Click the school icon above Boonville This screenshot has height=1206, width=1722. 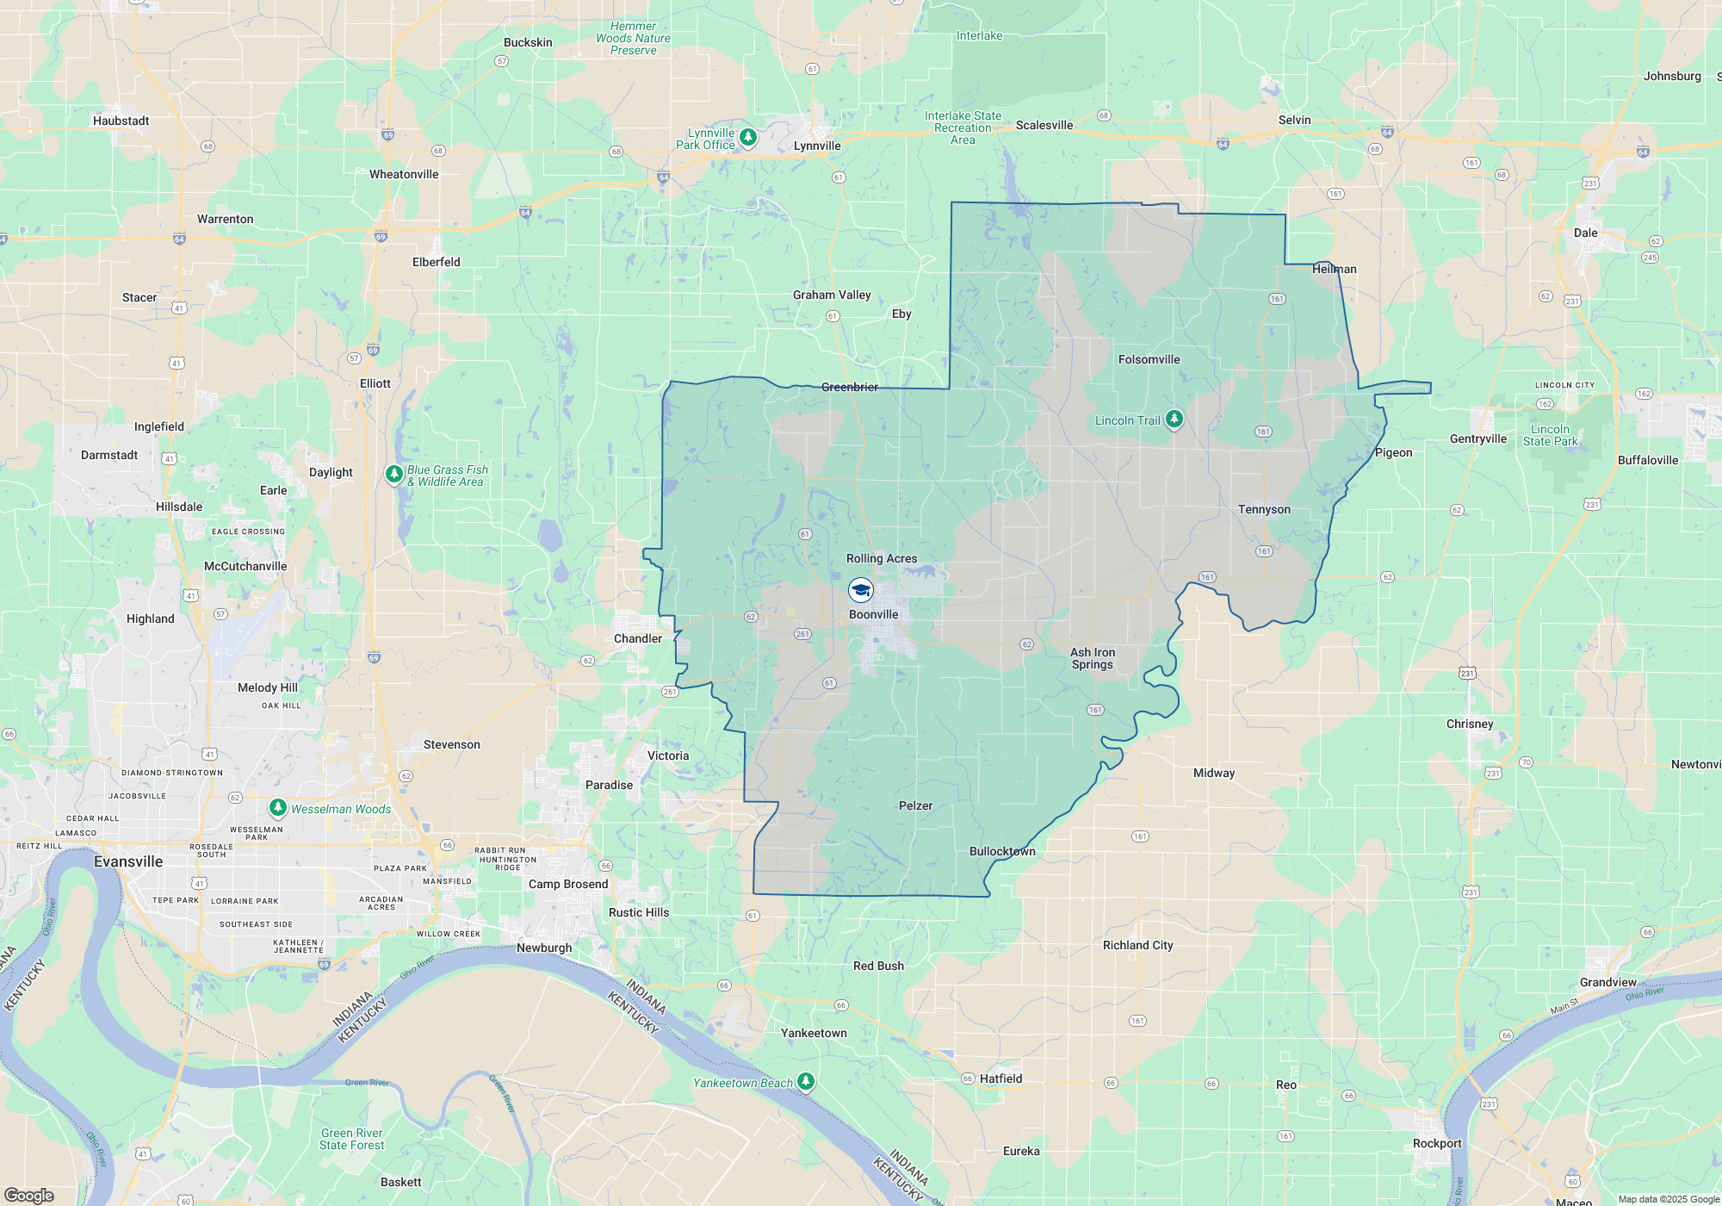click(x=861, y=590)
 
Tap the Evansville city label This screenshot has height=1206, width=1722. click(x=128, y=861)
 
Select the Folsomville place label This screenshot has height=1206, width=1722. click(x=1149, y=359)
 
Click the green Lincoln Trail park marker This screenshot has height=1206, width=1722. click(x=1174, y=420)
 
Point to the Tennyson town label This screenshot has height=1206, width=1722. click(x=1264, y=509)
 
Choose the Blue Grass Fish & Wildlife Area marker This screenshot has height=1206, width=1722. click(x=393, y=474)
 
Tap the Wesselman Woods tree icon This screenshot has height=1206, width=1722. click(x=277, y=807)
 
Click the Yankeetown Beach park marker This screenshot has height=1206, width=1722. click(x=806, y=1081)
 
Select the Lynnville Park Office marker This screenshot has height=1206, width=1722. click(x=748, y=137)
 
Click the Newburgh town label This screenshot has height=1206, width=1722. click(x=544, y=948)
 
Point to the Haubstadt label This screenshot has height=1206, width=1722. click(x=121, y=121)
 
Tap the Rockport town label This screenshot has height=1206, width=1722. click(x=1437, y=1143)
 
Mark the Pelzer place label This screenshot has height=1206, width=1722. click(x=915, y=805)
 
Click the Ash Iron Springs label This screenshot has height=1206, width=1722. click(x=1093, y=658)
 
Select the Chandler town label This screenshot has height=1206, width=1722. click(x=638, y=638)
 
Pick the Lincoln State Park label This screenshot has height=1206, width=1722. click(x=1550, y=435)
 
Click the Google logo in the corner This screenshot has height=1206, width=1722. click(x=29, y=1195)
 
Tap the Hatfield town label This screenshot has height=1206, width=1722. click(x=1000, y=1079)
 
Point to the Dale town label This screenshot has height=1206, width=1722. click(x=1585, y=233)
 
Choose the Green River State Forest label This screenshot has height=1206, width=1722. click(x=351, y=1139)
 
